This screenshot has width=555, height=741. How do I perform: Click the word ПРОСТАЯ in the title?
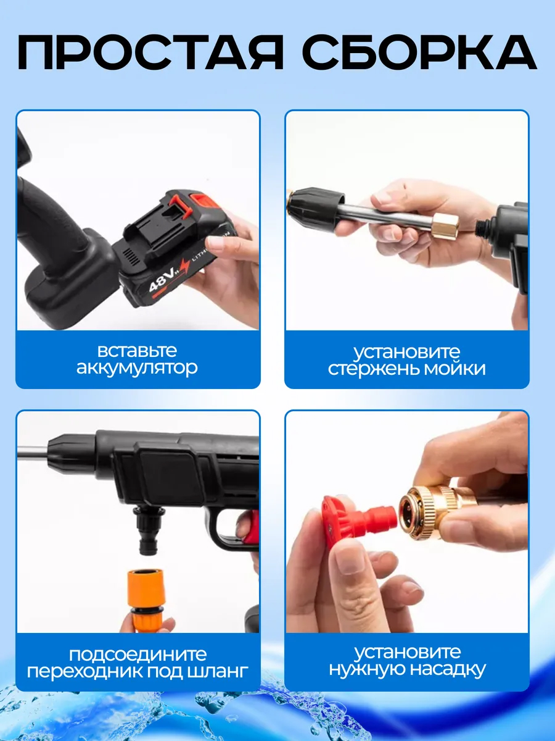[x=150, y=52]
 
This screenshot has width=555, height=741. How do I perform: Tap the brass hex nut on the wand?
[x=445, y=225]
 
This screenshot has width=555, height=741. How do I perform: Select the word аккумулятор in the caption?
[x=137, y=367]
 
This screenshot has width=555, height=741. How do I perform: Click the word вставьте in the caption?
[x=137, y=350]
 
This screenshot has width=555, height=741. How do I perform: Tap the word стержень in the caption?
[x=374, y=368]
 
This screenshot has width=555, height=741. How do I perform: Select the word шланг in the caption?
[x=215, y=672]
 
